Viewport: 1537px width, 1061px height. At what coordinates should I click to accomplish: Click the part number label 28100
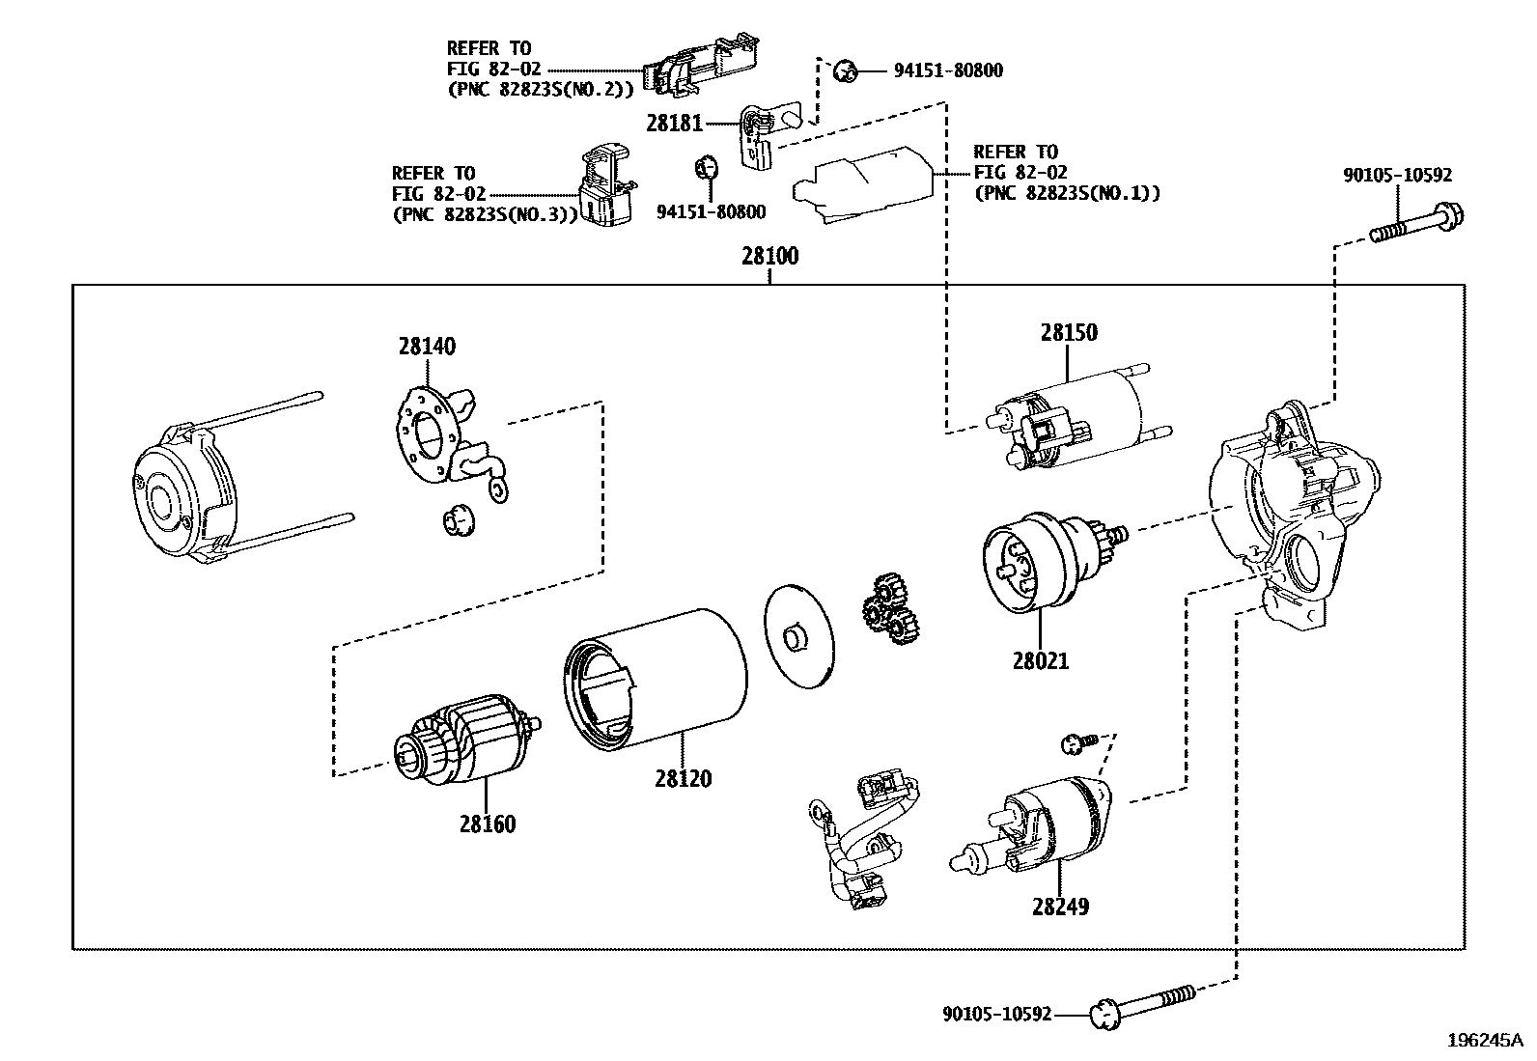pyautogui.click(x=769, y=258)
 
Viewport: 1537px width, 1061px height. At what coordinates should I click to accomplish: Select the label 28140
pyautogui.click(x=427, y=347)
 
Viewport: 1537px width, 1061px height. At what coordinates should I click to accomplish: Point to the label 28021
pyautogui.click(x=1041, y=661)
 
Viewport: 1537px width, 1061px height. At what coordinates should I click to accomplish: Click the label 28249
pyautogui.click(x=1059, y=907)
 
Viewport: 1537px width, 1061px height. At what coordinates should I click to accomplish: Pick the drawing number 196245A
pyautogui.click(x=1484, y=1040)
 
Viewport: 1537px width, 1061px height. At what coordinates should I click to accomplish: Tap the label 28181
pyautogui.click(x=675, y=124)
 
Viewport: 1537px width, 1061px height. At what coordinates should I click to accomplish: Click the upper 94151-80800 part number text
pyautogui.click(x=947, y=70)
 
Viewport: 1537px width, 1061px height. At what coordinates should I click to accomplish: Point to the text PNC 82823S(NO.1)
pyautogui.click(x=1066, y=193)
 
